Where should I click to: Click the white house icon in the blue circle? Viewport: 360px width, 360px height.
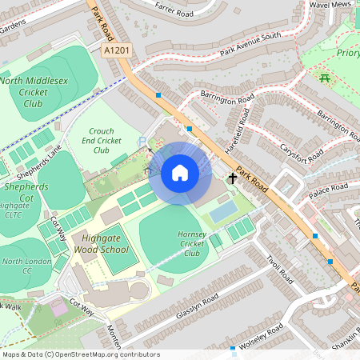[x=180, y=172]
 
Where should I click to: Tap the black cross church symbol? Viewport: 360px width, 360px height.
[x=234, y=178]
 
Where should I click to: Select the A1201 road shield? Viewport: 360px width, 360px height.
[x=117, y=50]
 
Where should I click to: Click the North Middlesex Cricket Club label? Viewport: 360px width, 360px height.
[x=34, y=91]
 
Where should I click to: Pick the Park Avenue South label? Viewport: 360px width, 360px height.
[x=241, y=50]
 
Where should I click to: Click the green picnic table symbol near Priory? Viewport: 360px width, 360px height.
[x=324, y=78]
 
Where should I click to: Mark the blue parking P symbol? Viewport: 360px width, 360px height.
[x=142, y=142]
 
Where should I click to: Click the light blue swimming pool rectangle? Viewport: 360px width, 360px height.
[x=223, y=211]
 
